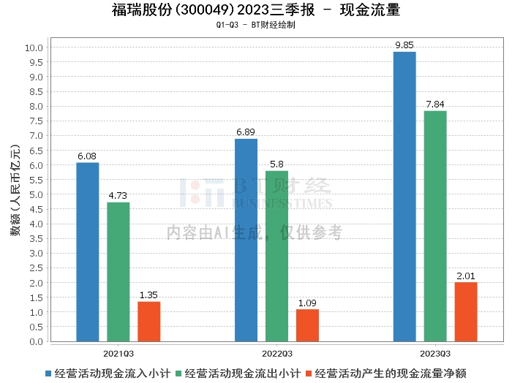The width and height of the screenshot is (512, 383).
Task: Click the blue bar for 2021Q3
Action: (88, 252)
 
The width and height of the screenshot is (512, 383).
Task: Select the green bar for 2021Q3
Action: (118, 272)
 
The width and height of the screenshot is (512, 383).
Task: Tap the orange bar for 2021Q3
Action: (148, 322)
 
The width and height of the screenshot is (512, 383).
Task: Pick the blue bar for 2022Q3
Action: (246, 240)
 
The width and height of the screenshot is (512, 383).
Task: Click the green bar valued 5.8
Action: (276, 257)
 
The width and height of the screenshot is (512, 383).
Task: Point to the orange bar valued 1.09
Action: (307, 325)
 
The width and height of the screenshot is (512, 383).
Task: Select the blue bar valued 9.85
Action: (404, 197)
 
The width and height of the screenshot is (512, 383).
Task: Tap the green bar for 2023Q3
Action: (435, 227)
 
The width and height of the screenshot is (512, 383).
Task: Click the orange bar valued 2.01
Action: (466, 312)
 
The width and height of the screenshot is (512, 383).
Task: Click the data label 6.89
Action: (246, 132)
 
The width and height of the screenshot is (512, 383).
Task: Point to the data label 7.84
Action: (435, 104)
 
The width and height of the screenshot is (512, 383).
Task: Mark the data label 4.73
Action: (118, 195)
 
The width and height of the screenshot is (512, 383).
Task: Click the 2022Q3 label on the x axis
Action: (276, 352)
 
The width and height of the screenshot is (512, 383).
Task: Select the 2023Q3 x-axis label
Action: (435, 352)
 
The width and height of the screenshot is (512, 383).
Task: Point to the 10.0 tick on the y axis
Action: (35, 48)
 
